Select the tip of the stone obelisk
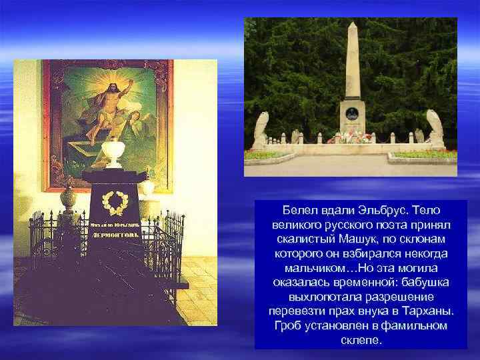[x=352, y=25]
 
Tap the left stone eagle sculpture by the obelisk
[x=261, y=129]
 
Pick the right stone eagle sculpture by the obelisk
[x=436, y=128]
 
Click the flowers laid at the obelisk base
[x=351, y=137]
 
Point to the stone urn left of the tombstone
[x=68, y=197]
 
